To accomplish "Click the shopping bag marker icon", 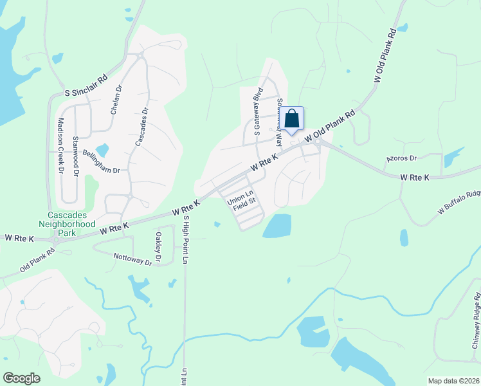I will coord(291,119).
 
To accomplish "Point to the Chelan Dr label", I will coord(116,100).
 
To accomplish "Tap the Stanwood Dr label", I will coord(75,156).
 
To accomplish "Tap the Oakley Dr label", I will coord(157,243).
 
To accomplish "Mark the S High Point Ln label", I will coord(186,239).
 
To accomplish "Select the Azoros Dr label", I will coord(401,158).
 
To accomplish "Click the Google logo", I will coord(21,378).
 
